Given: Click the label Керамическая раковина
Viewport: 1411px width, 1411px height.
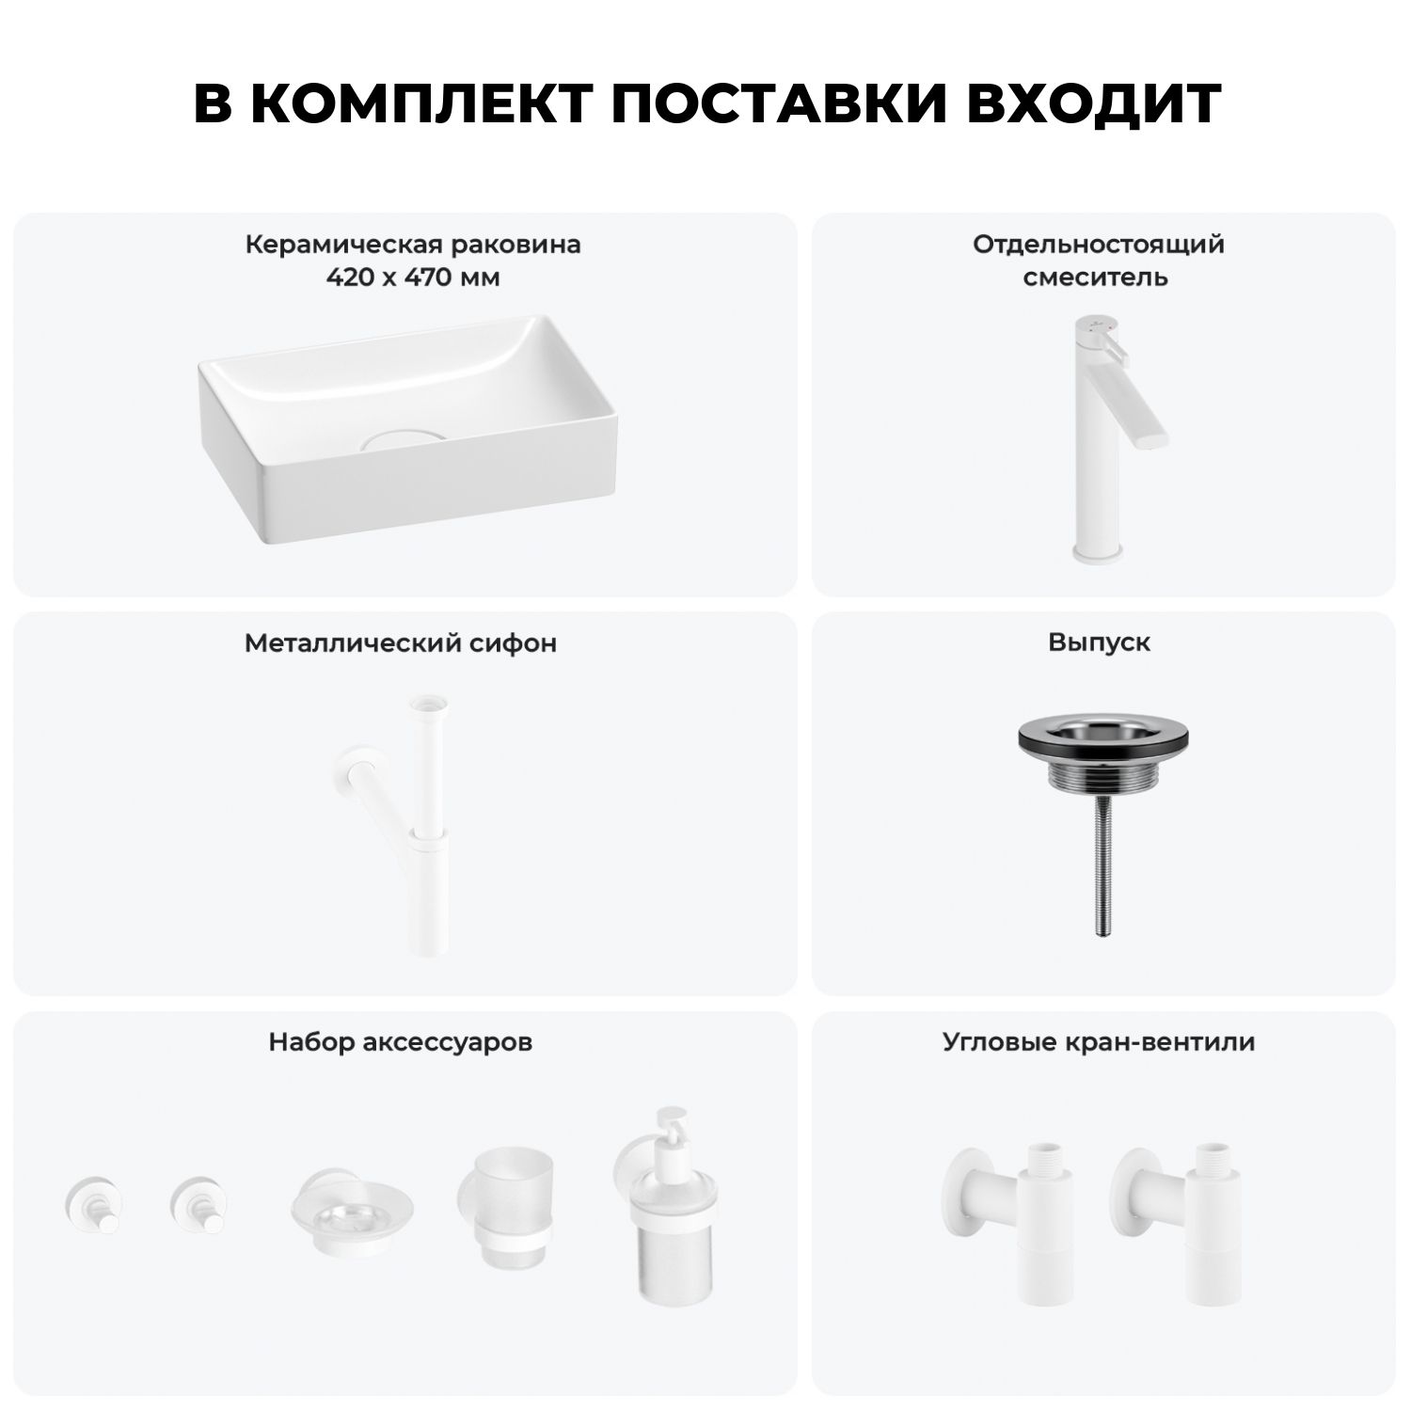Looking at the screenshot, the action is click(x=413, y=245).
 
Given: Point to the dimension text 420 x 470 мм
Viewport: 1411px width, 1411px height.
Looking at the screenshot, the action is click(x=413, y=277).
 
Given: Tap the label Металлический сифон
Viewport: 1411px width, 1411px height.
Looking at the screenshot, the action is click(x=401, y=643).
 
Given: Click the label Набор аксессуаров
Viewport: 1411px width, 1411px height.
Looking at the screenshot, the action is click(x=401, y=1042).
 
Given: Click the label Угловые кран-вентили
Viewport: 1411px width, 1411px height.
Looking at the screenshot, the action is click(x=1099, y=1042).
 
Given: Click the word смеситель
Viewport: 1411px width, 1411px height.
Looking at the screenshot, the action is click(x=1096, y=278).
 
